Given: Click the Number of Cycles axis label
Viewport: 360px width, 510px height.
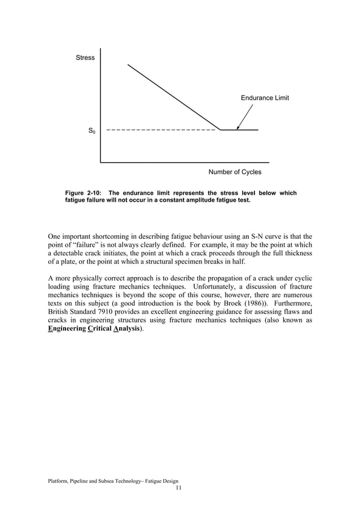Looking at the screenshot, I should (x=235, y=172).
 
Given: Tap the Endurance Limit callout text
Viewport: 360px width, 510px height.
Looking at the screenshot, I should (x=265, y=98).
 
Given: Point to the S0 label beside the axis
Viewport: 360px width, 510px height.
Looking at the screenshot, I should (x=92, y=131).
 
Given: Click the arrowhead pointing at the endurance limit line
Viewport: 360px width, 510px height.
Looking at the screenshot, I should (x=238, y=127).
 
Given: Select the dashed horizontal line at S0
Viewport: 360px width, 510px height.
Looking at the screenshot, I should (x=161, y=130).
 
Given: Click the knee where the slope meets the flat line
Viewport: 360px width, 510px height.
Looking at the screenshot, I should (x=221, y=130).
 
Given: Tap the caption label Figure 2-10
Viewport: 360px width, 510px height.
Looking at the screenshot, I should (x=84, y=193).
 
